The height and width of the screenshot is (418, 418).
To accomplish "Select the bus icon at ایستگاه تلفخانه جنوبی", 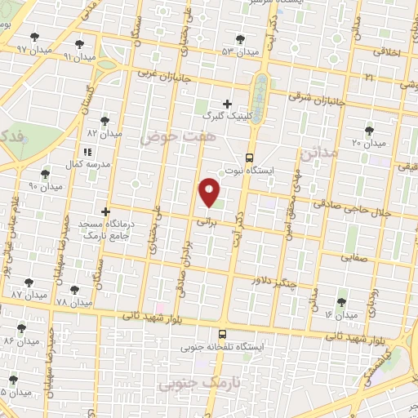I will [x=222, y=334].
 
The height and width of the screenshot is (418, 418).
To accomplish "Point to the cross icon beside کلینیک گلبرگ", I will [x=227, y=104].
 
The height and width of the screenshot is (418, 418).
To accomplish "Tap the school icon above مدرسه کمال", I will [x=87, y=152].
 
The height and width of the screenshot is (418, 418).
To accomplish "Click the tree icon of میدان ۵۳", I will [x=239, y=39].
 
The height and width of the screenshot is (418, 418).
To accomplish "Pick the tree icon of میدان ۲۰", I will [x=369, y=130].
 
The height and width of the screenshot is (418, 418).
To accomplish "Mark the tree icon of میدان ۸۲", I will [x=104, y=120].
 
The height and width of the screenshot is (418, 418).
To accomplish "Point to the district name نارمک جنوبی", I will [x=190, y=382].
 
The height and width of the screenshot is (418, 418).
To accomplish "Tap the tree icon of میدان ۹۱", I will [x=79, y=45].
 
